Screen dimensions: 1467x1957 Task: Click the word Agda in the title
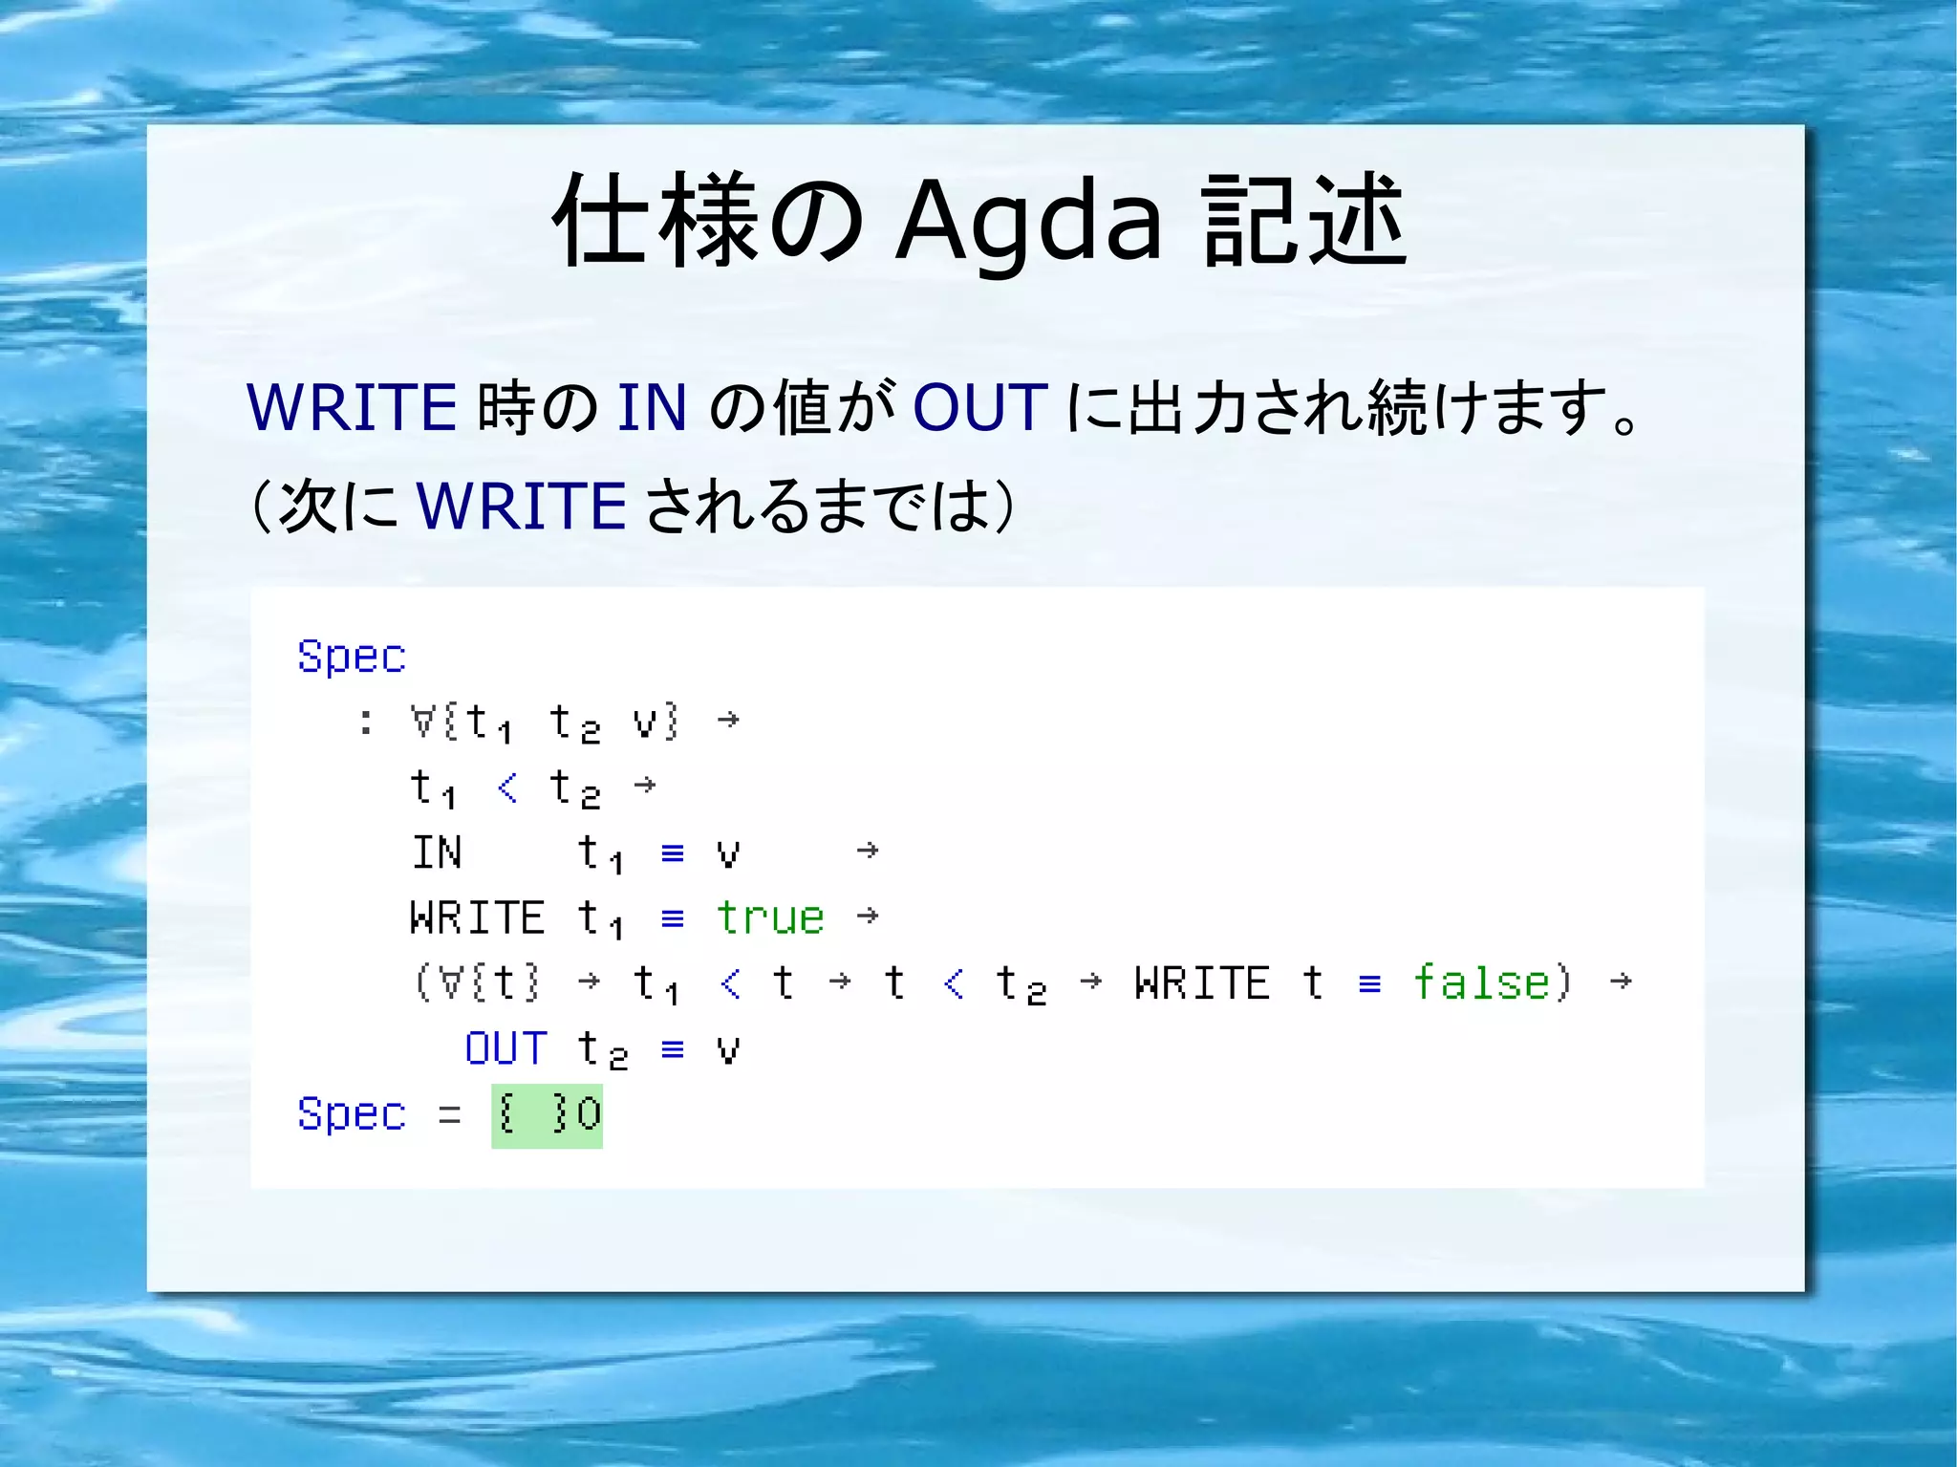click(x=1028, y=222)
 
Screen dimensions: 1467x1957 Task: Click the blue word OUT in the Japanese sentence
click(x=980, y=408)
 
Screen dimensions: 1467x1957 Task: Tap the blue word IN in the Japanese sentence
click(x=652, y=408)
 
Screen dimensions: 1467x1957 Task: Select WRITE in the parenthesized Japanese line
click(x=522, y=506)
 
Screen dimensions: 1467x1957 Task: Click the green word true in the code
click(x=770, y=917)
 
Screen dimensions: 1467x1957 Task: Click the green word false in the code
click(x=1481, y=982)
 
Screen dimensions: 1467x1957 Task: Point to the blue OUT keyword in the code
click(x=505, y=1048)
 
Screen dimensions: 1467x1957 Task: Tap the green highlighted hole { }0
click(x=548, y=1114)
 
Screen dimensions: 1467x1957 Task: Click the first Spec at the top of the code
click(x=352, y=657)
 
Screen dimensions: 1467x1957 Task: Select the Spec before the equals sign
click(x=352, y=1114)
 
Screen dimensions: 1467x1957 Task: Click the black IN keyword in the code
click(x=437, y=852)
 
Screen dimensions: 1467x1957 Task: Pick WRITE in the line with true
click(x=477, y=917)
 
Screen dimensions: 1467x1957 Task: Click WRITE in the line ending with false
click(x=1202, y=983)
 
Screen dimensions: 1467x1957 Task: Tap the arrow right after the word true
click(x=868, y=916)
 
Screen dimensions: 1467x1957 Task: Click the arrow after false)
click(x=1621, y=982)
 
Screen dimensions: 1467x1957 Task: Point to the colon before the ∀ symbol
click(x=366, y=723)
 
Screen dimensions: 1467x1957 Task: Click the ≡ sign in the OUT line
click(x=673, y=1049)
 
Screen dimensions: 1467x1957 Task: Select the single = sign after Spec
click(x=450, y=1114)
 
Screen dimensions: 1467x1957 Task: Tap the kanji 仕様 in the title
click(x=655, y=222)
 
